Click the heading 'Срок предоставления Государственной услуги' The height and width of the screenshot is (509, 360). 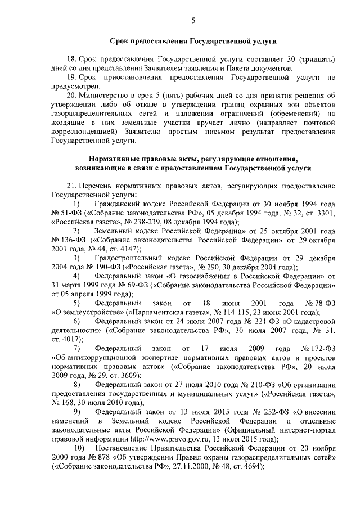[x=193, y=42]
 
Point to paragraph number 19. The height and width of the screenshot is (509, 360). [x=71, y=77]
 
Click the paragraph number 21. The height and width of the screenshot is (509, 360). [x=71, y=186]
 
